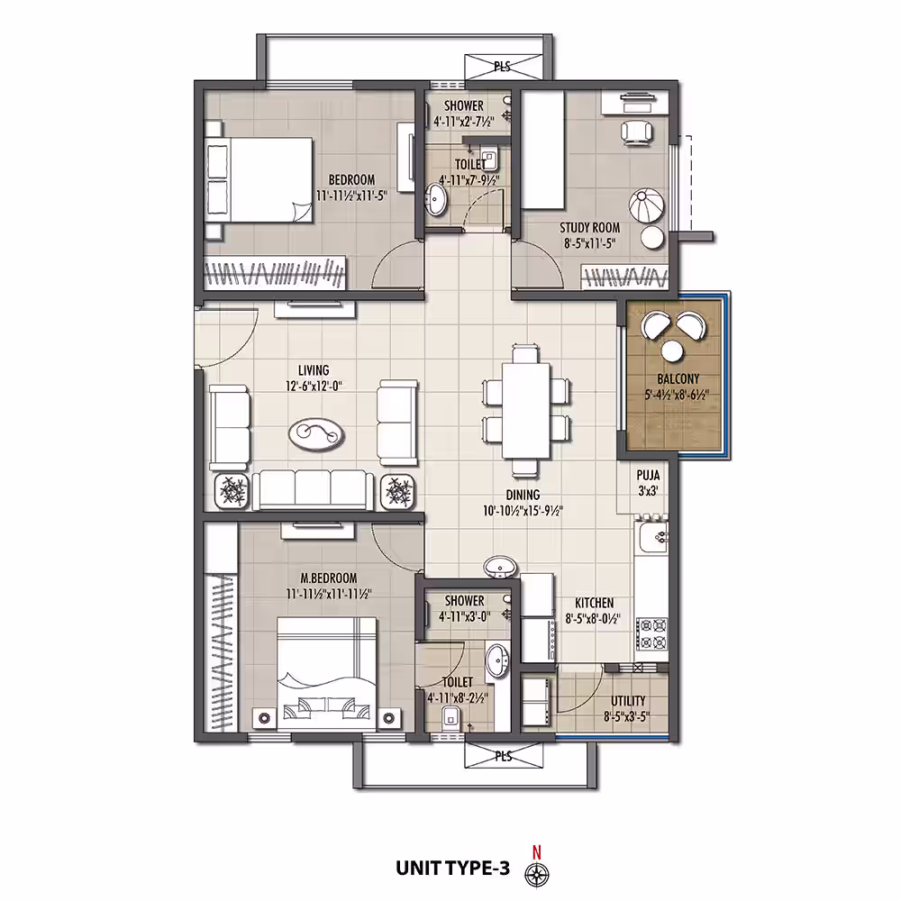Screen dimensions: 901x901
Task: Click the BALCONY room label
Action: [678, 379]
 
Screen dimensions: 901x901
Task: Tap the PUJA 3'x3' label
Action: [648, 483]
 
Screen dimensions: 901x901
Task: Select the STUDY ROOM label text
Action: [589, 228]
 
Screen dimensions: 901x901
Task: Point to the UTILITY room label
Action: [628, 701]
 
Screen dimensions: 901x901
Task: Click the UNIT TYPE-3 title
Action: [452, 869]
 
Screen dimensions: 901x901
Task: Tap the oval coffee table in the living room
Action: [316, 433]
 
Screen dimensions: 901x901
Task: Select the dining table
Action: [526, 410]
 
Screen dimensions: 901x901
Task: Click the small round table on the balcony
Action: [672, 350]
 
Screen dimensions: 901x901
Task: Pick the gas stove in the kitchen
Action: [652, 633]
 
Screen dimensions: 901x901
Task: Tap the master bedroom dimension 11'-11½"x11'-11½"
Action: [329, 594]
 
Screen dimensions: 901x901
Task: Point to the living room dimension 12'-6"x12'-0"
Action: [314, 386]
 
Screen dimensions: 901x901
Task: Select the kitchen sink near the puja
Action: [652, 537]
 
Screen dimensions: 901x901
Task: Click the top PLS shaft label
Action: [502, 67]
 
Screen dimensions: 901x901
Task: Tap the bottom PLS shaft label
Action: [504, 756]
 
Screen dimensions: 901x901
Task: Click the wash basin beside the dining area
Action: [500, 568]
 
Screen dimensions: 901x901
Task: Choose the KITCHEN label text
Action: [594, 603]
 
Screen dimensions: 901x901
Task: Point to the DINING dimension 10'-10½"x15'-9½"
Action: [523, 510]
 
